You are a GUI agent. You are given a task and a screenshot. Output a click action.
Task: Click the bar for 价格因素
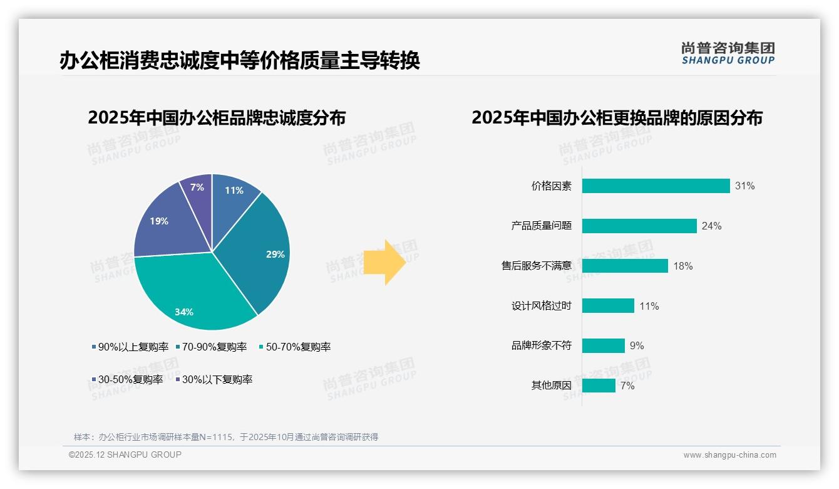[x=656, y=186]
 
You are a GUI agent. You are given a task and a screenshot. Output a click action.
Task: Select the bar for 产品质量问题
[x=639, y=226]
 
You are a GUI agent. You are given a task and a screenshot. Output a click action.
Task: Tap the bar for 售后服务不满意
[x=625, y=266]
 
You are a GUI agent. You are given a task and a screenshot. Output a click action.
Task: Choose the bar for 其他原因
[x=599, y=386]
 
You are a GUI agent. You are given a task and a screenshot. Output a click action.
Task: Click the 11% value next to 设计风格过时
[x=649, y=306]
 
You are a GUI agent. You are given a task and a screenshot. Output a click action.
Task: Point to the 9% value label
[x=637, y=345]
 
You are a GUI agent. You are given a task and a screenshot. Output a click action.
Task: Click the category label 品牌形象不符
[x=542, y=345]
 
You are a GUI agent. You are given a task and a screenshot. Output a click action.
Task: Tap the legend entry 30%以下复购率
[x=217, y=379]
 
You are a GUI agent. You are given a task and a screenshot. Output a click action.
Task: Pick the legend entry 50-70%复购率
[x=298, y=347]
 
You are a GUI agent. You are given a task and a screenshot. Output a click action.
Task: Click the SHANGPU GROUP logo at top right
[x=728, y=53]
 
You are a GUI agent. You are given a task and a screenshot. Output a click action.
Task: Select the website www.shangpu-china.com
[x=729, y=455]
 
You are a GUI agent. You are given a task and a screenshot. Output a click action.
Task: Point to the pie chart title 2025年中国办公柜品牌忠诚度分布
[x=217, y=118]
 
